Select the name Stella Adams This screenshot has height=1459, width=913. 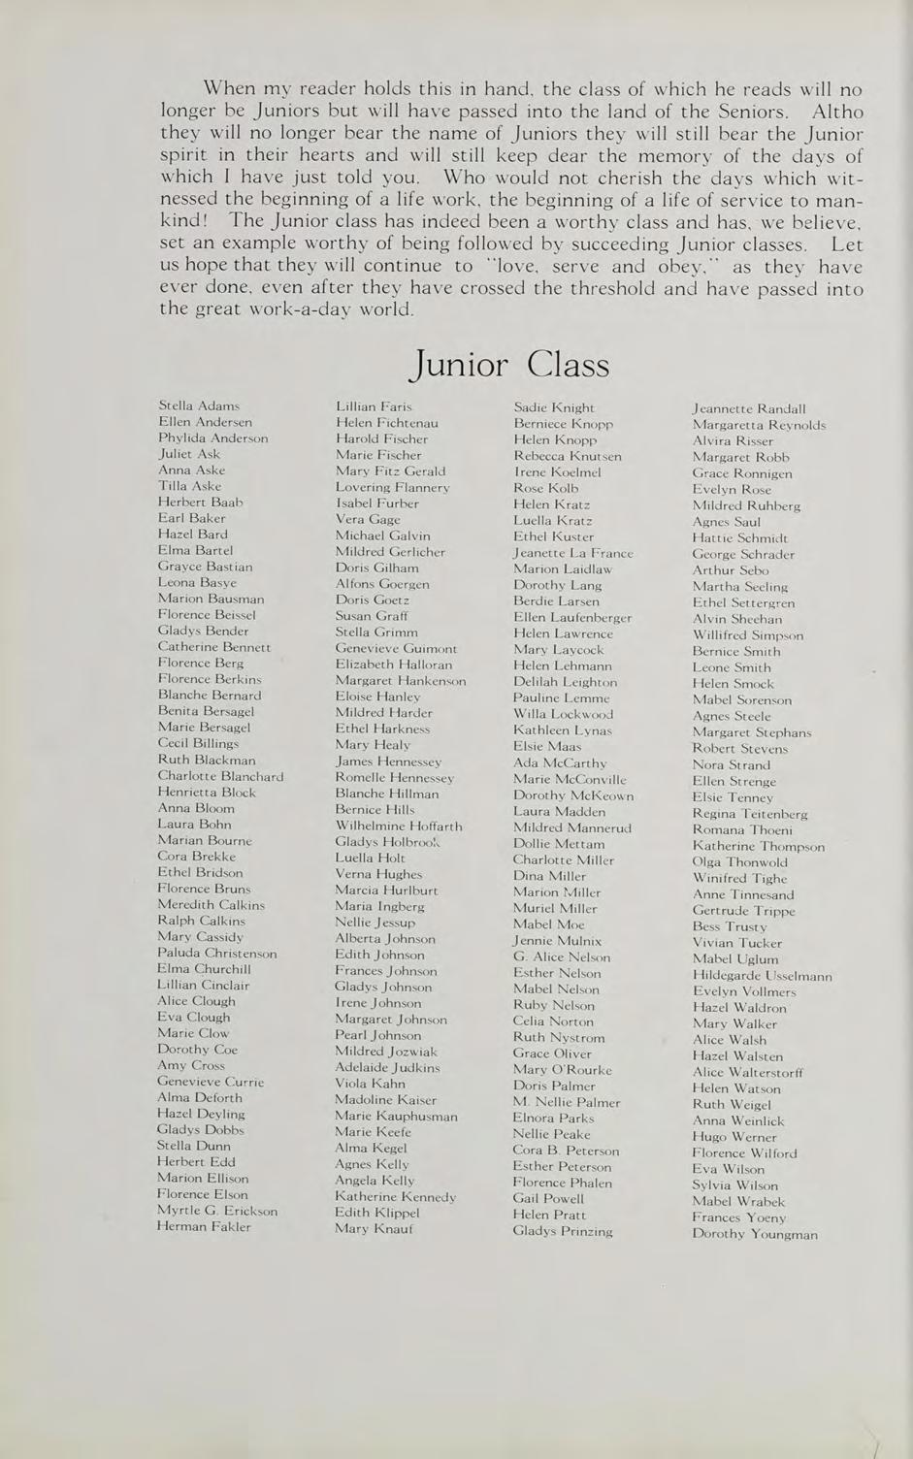point(199,405)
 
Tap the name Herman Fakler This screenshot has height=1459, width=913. point(204,1226)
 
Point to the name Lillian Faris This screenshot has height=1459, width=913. point(374,406)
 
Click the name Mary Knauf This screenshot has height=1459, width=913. point(374,1228)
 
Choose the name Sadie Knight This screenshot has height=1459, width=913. point(554,407)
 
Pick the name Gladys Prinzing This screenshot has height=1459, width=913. point(563,1231)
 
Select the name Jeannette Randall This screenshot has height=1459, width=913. point(749,408)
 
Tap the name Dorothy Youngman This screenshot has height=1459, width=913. point(755,1234)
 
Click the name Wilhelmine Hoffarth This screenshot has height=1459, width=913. point(399,826)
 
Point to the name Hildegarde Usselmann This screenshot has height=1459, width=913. point(763,975)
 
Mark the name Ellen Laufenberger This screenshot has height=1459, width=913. point(572,617)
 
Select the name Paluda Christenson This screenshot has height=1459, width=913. point(217,953)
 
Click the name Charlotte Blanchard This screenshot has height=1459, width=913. point(221,776)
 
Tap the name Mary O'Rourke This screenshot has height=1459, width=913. point(563,1070)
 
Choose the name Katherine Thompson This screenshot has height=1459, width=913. point(759,846)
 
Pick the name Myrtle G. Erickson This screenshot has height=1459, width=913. point(217,1211)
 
